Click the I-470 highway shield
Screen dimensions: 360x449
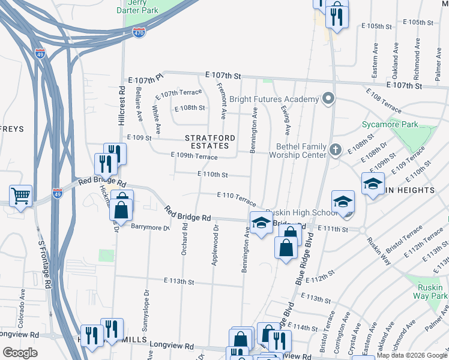139,33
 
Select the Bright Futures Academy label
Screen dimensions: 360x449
282,99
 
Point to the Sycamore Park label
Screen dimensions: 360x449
390,125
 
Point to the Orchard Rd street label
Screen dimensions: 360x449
185,239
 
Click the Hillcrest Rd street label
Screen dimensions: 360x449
121,105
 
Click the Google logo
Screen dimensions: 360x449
20,353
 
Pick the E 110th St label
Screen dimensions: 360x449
212,175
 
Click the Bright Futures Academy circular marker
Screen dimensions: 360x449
328,98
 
